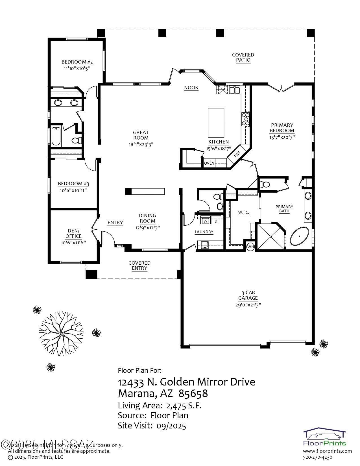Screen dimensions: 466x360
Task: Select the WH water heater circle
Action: [250, 247]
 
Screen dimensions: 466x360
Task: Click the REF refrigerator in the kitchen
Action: [237, 154]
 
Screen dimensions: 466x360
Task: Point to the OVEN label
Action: [209, 163]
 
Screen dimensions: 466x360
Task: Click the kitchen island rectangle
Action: [216, 122]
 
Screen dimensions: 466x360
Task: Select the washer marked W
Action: [206, 221]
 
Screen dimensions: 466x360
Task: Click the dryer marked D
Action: [216, 221]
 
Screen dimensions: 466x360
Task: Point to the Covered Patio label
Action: [243, 57]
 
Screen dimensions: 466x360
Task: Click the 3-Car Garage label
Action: [248, 295]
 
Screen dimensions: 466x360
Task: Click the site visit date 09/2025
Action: [171, 426]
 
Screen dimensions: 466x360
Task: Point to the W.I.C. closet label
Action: [243, 212]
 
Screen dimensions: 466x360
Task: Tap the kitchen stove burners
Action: [245, 119]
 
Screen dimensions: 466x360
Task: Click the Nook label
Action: [191, 88]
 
